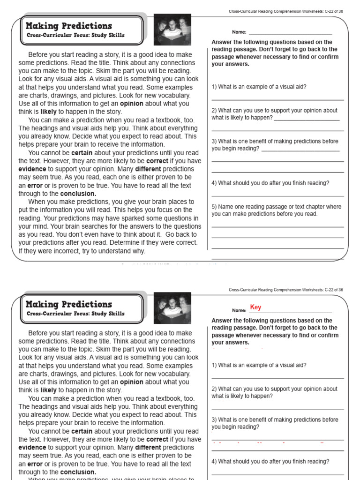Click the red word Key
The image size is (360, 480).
255,307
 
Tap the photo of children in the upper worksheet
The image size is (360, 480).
172,29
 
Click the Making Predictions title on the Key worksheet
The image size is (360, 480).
69,304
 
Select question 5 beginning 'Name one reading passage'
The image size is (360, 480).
277,210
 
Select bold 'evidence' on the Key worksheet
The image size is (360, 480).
32,447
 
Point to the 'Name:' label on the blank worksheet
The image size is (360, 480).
239,32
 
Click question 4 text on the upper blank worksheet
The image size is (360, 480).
270,183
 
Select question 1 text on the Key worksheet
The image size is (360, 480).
259,365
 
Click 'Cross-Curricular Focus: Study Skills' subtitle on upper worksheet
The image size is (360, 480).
75,35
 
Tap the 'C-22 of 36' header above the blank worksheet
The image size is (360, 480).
334,11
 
